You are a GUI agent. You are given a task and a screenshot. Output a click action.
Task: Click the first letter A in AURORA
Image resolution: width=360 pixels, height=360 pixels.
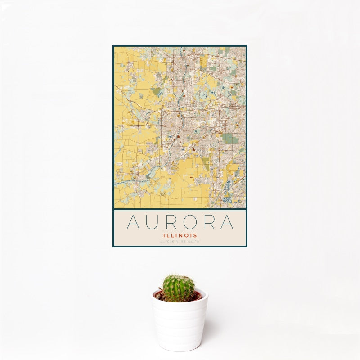tap(133, 222)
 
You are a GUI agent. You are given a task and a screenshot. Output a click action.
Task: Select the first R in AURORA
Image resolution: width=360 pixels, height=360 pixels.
tap(171, 222)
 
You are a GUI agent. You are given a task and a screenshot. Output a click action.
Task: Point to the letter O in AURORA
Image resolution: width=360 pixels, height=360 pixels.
tap(190, 222)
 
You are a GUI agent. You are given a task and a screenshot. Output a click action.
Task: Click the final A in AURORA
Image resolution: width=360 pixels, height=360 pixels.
tap(227, 222)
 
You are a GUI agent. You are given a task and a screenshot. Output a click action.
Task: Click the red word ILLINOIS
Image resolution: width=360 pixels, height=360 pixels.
tap(180, 235)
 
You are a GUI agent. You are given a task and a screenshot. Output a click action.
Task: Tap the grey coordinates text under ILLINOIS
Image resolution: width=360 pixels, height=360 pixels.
tap(180, 242)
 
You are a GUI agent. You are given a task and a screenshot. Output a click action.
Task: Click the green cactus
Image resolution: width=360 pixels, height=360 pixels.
tap(179, 288)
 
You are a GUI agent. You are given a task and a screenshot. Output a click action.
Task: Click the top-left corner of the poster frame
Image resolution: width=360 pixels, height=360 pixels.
tap(113, 46)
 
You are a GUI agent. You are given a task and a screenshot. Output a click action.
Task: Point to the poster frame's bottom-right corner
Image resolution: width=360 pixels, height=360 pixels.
tap(247, 247)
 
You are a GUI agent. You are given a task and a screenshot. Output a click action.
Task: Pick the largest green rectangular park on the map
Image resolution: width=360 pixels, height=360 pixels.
tap(230, 138)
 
